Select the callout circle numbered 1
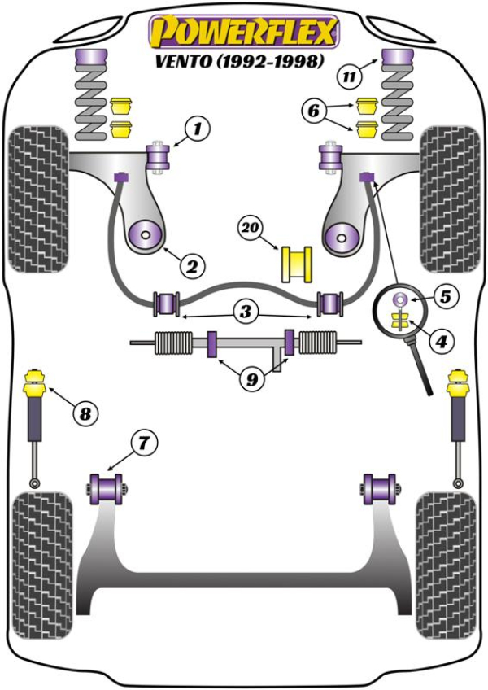(x=197, y=128)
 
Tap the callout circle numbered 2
(x=194, y=264)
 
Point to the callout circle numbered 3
(x=245, y=310)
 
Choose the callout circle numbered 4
(x=440, y=343)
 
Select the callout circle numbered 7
(x=142, y=443)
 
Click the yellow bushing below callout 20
(x=298, y=263)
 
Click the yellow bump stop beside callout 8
(x=36, y=382)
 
